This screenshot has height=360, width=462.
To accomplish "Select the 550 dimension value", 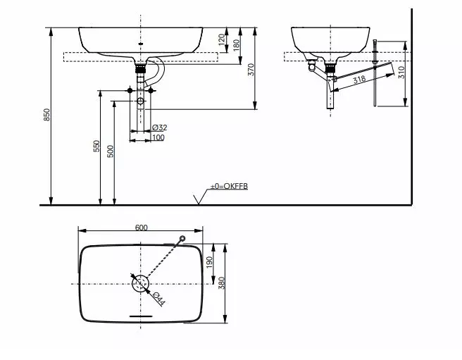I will coord(96,147).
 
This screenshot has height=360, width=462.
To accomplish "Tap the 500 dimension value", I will coord(111,151).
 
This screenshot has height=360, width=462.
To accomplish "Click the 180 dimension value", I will coord(237,44).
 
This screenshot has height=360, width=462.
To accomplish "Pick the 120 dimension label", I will coord(221,39).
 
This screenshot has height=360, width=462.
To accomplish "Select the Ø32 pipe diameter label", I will coord(160,128).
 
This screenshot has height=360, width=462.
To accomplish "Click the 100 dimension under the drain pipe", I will coord(158,137).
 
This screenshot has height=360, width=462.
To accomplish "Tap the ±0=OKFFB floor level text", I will coord(229,186).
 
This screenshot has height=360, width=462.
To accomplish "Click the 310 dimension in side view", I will coord(401,73).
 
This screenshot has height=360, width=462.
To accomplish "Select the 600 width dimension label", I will coord(140,227).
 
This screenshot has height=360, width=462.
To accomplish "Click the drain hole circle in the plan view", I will coord(140,283).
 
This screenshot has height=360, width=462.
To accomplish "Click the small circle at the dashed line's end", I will coord(182,238).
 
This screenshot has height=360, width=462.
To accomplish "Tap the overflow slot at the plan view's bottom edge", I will coord(141,316).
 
